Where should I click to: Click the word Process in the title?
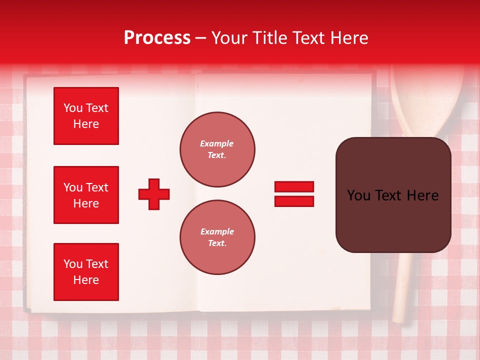157,38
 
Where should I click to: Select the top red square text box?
86,116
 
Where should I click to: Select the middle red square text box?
86,195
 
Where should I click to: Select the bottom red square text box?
86,272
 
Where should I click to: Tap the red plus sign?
154,194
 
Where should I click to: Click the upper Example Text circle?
217,149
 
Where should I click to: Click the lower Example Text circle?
217,237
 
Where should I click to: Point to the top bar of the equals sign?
294,187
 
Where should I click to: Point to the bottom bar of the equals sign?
294,201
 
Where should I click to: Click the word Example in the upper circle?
216,143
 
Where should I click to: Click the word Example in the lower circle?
217,231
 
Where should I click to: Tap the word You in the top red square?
73,108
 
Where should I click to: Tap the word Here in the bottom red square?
86,280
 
